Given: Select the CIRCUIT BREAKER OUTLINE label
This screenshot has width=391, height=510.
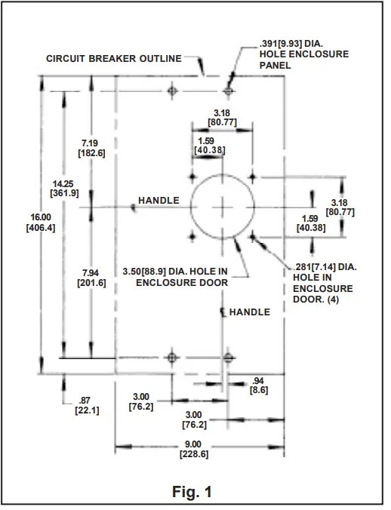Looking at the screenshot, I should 114,59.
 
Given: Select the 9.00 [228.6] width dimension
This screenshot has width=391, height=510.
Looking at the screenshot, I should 194,449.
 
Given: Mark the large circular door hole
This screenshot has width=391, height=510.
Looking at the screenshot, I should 223,206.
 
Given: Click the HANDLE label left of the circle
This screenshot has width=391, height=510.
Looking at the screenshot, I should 159,201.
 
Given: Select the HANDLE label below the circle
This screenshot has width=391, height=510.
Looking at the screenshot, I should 249,312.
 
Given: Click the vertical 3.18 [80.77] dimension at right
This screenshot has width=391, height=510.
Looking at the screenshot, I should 343,207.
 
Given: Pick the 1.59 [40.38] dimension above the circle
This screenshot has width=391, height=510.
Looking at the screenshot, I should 205,145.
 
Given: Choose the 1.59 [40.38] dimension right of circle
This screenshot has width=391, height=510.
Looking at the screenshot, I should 311,223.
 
